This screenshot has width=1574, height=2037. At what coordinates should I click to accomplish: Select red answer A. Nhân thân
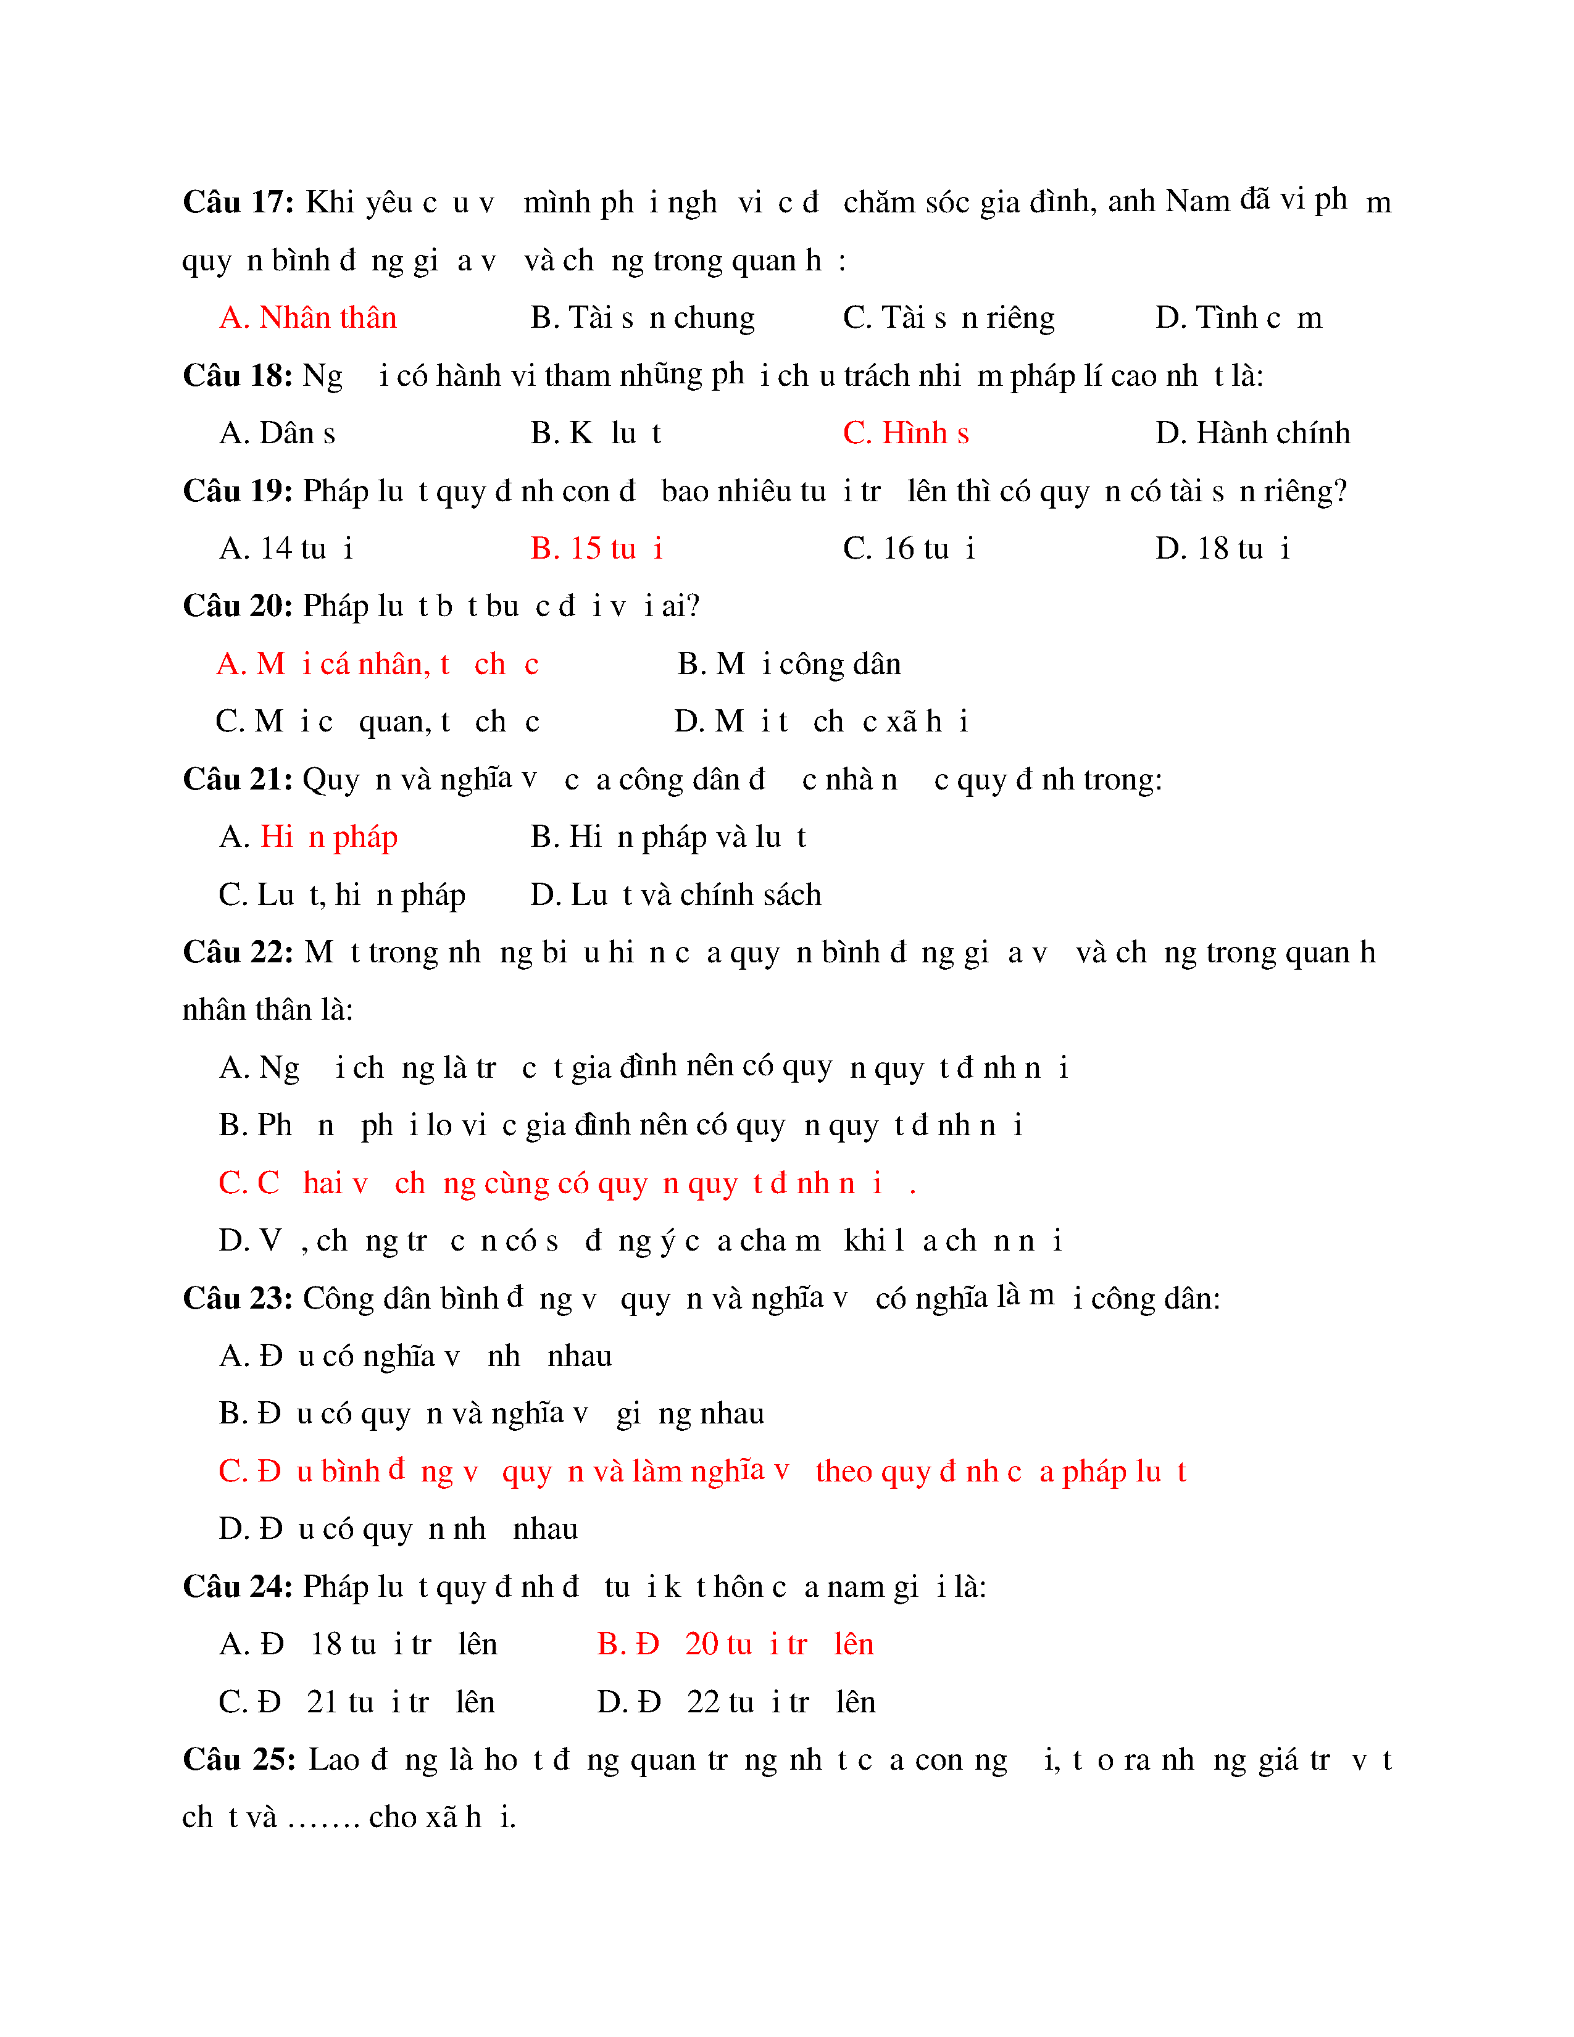308,317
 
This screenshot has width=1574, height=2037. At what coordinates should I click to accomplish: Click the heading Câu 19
238,491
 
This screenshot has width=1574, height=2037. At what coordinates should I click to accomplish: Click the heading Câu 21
238,779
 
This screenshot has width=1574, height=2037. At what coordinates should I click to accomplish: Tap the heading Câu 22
238,952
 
